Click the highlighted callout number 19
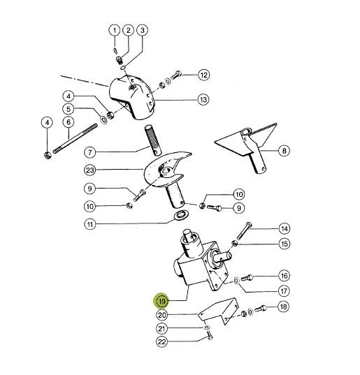(x=162, y=300)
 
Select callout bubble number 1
(x=115, y=30)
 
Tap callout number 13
(x=203, y=99)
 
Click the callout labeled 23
(x=89, y=170)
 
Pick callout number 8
(x=284, y=151)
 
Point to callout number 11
(x=89, y=224)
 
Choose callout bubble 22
(x=161, y=341)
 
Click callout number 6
(x=69, y=122)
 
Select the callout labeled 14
(x=285, y=228)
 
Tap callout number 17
(x=284, y=291)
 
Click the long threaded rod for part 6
(x=75, y=138)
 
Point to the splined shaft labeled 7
(x=152, y=140)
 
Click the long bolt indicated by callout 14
(x=244, y=230)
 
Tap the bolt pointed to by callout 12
(x=176, y=75)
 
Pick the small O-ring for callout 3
(x=123, y=68)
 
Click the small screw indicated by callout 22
(x=210, y=335)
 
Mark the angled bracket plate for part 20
(x=219, y=311)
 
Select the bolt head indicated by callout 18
(x=260, y=309)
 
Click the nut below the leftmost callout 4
(x=48, y=155)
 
